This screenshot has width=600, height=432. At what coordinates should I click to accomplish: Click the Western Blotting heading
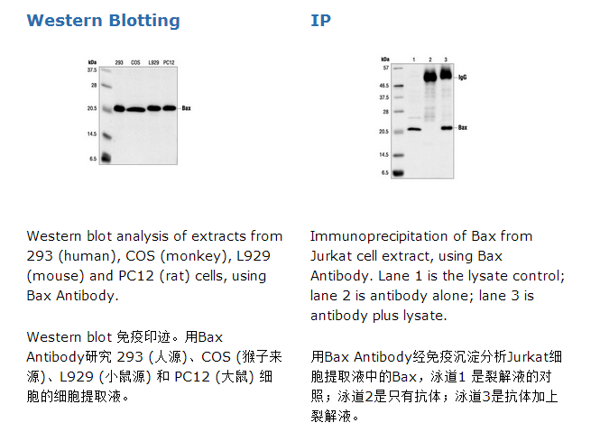[104, 21]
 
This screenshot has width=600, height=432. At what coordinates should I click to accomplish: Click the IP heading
[320, 20]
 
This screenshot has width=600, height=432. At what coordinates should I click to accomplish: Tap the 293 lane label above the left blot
[119, 62]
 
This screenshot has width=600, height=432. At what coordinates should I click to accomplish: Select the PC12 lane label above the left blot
[169, 62]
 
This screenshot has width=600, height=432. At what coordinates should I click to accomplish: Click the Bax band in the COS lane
[136, 110]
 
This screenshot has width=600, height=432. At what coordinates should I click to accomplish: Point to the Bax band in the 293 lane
[119, 108]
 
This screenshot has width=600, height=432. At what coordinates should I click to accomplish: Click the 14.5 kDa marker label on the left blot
[92, 133]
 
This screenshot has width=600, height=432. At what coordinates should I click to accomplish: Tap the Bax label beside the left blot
[187, 108]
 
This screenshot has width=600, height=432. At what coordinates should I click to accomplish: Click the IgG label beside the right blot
[463, 78]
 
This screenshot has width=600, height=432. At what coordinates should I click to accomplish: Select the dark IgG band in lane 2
[430, 76]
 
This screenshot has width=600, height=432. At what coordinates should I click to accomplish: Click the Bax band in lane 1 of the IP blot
[414, 129]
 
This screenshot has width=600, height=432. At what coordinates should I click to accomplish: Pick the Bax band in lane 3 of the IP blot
[447, 128]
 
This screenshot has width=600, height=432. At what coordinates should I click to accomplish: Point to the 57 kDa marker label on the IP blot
[386, 69]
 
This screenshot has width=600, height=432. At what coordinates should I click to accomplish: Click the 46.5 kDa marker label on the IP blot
[383, 86]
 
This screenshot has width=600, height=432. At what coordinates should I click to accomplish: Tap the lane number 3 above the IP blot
[446, 60]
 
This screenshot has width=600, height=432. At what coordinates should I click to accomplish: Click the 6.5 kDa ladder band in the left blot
[105, 157]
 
